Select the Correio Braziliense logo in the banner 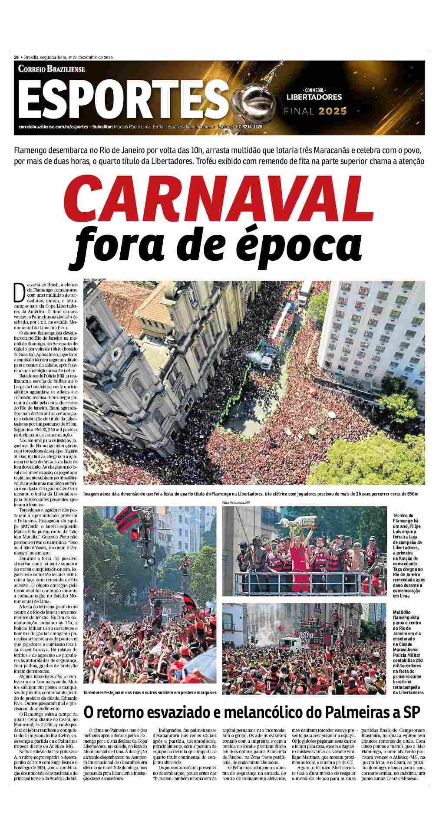[x=52, y=69]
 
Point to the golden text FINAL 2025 [x=315, y=111]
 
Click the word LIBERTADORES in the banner [x=314, y=97]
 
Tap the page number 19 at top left [x=16, y=57]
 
